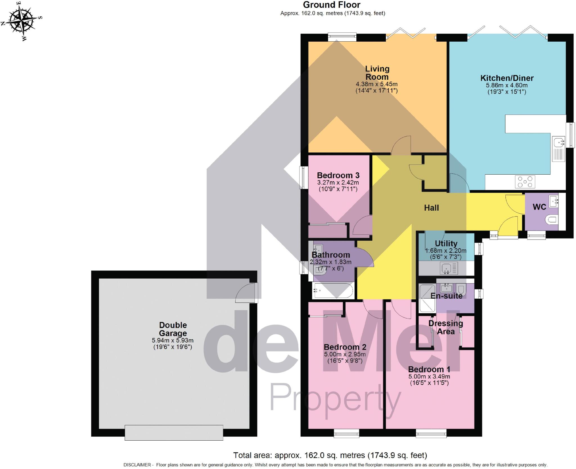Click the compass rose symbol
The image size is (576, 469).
(x=22, y=21)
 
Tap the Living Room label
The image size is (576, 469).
(x=377, y=73)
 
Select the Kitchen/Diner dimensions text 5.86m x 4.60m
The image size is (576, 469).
(x=507, y=85)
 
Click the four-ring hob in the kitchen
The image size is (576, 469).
(x=525, y=182)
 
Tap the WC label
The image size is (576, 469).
(x=539, y=207)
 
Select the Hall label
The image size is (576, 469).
(x=431, y=208)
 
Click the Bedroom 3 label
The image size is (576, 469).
(x=338, y=175)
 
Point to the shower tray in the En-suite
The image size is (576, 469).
(x=427, y=298)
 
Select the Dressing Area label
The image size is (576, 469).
(x=445, y=327)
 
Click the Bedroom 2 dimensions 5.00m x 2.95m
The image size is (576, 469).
(x=345, y=354)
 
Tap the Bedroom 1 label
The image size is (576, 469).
(x=429, y=369)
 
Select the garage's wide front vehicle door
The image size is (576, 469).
(x=174, y=432)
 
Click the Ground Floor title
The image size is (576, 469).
(x=332, y=5)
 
